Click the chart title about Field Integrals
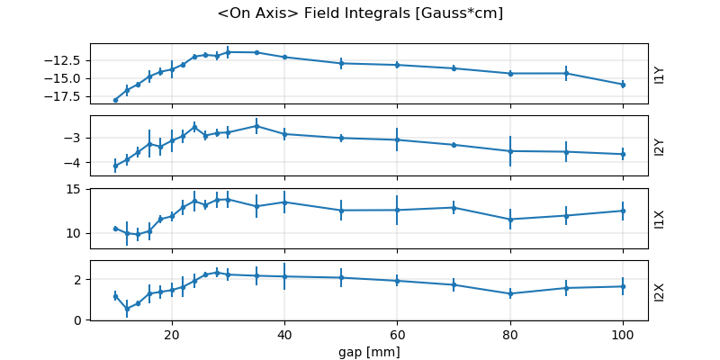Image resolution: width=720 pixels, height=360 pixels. coord(360,13)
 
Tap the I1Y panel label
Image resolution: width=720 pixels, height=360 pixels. coord(660,74)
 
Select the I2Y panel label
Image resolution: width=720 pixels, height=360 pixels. coord(660,146)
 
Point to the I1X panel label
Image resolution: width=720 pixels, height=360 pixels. coord(660,218)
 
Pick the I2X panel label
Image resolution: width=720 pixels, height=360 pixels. coord(660,291)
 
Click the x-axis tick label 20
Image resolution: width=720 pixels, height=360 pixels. coord(171,334)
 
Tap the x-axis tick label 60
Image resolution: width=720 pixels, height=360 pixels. coord(397,334)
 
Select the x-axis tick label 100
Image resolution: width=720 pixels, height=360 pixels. coord(623,334)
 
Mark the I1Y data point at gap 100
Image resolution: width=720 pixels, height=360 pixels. coord(623,85)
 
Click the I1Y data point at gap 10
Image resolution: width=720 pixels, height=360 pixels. coord(115,100)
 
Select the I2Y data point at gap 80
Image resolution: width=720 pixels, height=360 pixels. coord(510,151)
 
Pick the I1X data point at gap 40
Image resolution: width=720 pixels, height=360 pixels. coord(284,202)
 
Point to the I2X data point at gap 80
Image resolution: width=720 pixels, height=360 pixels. coord(510,293)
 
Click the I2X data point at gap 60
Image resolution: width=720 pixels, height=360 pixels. coord(397,281)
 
